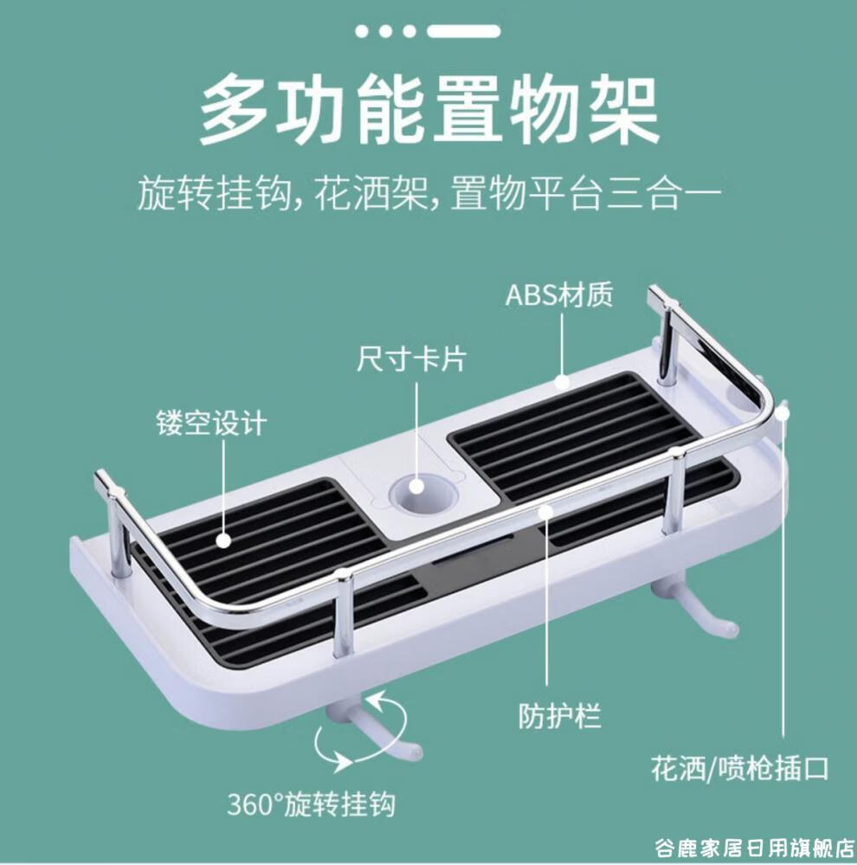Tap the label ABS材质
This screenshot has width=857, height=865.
[559, 294]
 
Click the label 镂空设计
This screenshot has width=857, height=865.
[211, 424]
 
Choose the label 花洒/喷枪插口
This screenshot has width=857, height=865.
[740, 768]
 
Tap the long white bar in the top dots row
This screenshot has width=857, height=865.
[463, 31]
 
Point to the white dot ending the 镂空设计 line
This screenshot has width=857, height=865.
[223, 541]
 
